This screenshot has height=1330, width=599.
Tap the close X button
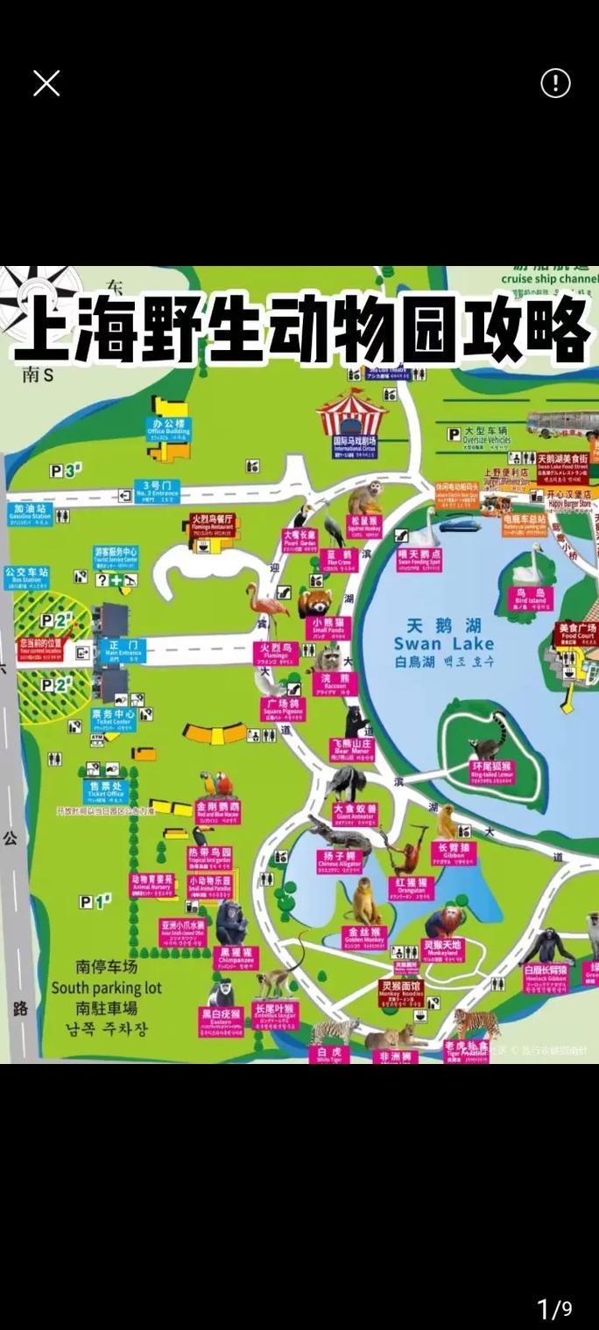coord(46,83)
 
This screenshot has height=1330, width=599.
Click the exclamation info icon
coord(555,83)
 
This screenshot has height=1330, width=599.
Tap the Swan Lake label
coord(444,643)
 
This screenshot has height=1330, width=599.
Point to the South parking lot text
coord(106,988)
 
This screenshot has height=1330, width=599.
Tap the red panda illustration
coord(313,602)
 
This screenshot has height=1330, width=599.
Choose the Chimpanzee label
coord(236,956)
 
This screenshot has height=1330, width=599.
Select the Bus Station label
coord(26,576)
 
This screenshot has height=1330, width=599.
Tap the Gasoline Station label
coord(30,512)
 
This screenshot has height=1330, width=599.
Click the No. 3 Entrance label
coord(157,491)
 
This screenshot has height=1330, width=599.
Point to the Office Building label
coord(168,427)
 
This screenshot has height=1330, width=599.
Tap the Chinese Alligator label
coord(338,859)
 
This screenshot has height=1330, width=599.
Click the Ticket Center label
coord(113,718)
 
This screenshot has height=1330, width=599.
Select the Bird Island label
coord(530,597)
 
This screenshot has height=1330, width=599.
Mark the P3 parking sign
coord(64,471)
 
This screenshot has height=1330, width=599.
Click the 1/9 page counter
coord(553,1309)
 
